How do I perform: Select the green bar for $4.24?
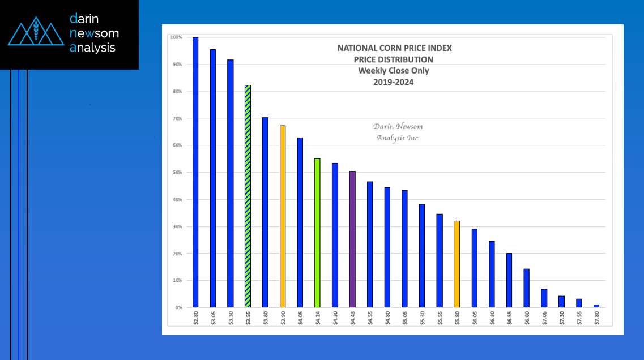(x=317, y=233)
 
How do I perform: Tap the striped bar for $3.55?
(x=248, y=196)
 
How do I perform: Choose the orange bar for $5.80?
(x=457, y=264)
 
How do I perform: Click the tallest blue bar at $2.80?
(x=195, y=172)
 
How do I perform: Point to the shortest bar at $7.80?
(x=596, y=306)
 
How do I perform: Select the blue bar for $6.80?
(x=527, y=288)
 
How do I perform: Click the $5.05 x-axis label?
(x=404, y=318)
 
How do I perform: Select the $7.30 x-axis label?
(x=561, y=318)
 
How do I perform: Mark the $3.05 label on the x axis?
(x=213, y=318)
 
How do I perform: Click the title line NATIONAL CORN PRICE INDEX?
(x=394, y=48)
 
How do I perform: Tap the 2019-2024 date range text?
(x=394, y=82)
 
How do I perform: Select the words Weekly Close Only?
(x=394, y=71)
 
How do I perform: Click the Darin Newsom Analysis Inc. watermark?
(x=398, y=132)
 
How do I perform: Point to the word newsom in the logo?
(x=93, y=33)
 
